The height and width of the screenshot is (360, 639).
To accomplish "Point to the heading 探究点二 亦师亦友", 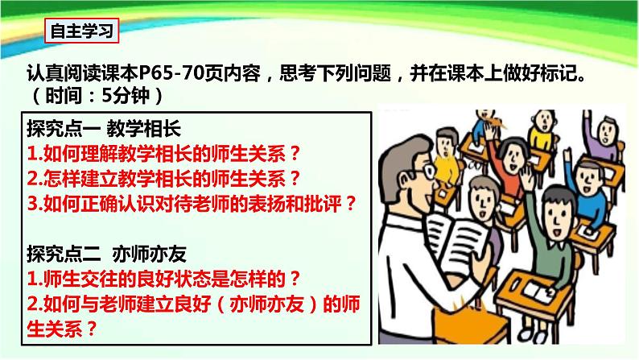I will [x=105, y=253].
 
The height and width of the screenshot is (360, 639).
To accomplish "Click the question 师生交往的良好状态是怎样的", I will [x=163, y=279].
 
